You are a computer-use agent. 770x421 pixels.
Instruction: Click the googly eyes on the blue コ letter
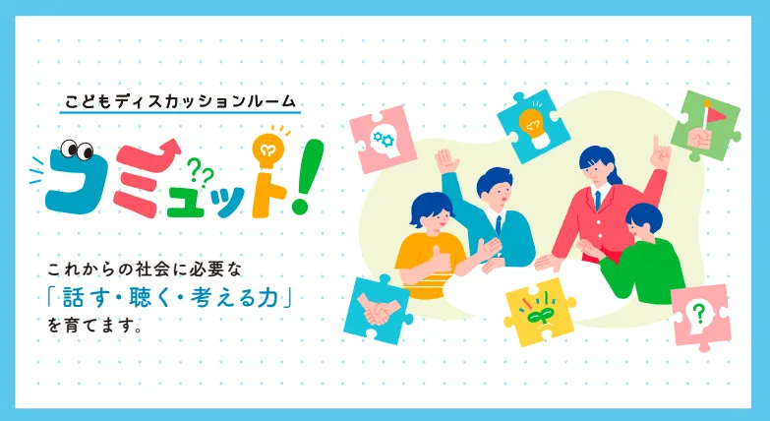click(x=77, y=150)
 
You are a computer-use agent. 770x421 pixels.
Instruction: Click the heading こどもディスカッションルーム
click(x=180, y=101)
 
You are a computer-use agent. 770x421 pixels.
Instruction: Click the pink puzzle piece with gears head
click(x=384, y=140)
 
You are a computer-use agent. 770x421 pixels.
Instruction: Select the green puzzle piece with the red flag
click(x=706, y=126)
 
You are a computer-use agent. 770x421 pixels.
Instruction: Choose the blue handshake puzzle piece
click(x=378, y=310)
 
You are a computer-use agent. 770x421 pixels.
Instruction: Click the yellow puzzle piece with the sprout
click(x=539, y=312)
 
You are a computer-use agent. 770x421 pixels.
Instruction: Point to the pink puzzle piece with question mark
click(x=701, y=317)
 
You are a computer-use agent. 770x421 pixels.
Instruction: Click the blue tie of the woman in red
click(x=598, y=201)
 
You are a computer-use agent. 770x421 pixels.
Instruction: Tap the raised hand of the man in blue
click(x=446, y=161)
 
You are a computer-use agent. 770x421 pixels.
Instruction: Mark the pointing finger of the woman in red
click(x=660, y=153)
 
